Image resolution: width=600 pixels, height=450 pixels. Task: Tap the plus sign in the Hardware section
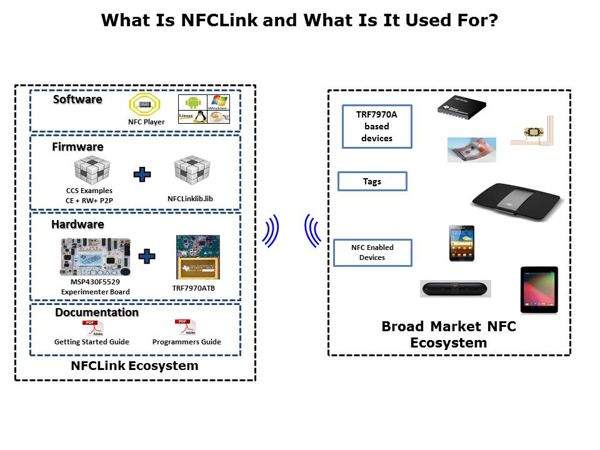(146, 256)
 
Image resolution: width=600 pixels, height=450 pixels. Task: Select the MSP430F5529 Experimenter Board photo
(96, 256)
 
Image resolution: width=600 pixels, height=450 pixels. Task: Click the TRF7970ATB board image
(198, 257)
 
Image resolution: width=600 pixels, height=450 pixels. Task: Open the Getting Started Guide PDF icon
(91, 327)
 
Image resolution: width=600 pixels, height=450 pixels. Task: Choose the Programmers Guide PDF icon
(186, 327)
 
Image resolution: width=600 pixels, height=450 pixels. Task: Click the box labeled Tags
(372, 181)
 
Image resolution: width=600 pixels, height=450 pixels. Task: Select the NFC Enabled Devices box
(372, 252)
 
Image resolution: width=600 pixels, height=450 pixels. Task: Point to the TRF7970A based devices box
(377, 126)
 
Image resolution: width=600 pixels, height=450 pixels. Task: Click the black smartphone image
(461, 243)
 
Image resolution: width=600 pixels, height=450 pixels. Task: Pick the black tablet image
(539, 289)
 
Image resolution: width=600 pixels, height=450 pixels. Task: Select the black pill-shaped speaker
(455, 289)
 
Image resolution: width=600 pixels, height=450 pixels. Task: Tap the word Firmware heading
(77, 147)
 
